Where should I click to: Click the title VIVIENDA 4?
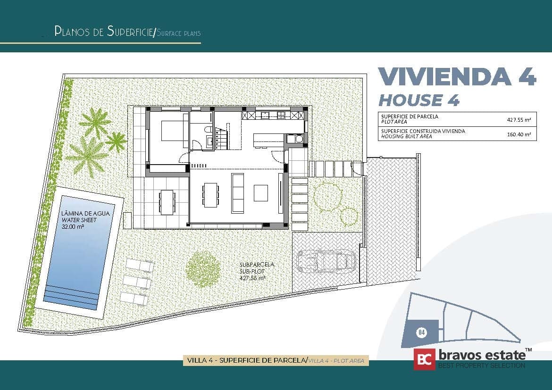coord(457,76)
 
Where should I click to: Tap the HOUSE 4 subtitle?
coord(419,100)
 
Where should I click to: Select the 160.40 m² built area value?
coord(522,135)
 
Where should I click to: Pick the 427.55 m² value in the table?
coord(521,120)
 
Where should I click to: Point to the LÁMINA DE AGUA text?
coord(85,214)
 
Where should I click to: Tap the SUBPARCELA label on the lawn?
coord(257,265)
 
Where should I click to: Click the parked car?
coord(326,261)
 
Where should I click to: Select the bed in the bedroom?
coord(174,131)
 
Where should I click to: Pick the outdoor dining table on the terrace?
coord(167,202)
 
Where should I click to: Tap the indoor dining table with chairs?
coord(210,194)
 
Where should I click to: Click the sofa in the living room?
coord(238,192)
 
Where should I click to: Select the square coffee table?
coord(261,192)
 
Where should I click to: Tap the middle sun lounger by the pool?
coord(137,282)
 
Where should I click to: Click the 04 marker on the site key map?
coord(421,332)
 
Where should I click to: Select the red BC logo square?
coord(424,360)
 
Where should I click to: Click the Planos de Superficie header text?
coord(104,32)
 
